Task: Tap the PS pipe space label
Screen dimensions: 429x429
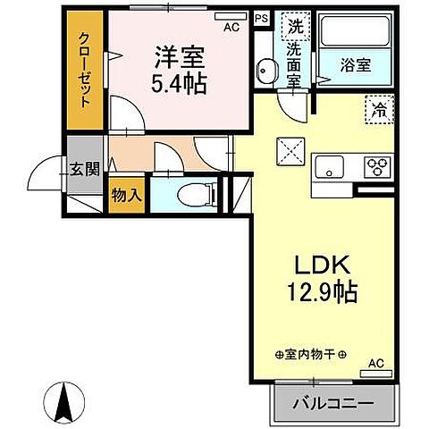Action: coord(260,18)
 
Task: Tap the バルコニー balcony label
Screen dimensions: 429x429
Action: coord(332,403)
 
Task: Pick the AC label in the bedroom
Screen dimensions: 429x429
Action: coord(231,27)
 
